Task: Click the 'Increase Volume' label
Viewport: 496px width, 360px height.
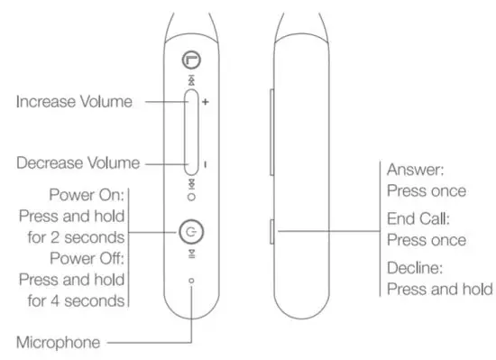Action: tap(74, 102)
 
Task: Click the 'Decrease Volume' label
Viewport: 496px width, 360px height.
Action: tap(78, 163)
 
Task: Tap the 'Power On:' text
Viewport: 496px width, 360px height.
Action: tap(87, 196)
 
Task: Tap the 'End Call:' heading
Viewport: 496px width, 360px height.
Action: tap(418, 219)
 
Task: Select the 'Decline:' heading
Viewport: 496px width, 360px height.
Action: tap(416, 268)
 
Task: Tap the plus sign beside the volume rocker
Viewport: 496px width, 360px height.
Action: tap(206, 103)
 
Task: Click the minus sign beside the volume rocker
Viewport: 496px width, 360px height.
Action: tap(206, 164)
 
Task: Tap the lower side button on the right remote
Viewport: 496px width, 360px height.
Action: tap(272, 231)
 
